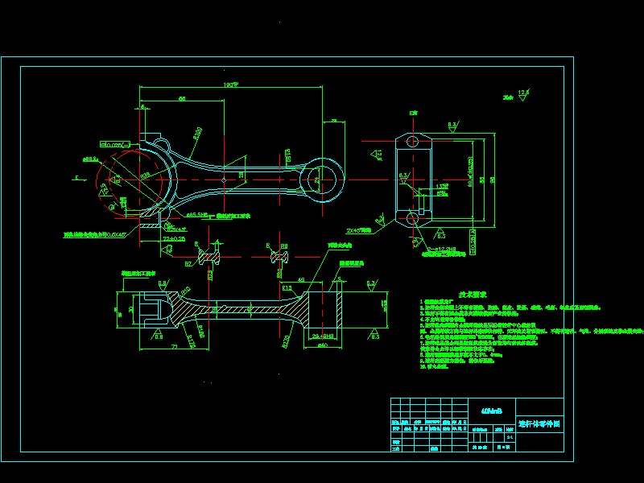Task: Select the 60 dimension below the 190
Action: (x=182, y=98)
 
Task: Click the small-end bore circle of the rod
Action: (x=326, y=179)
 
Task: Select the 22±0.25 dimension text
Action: (x=175, y=239)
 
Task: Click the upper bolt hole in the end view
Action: (x=413, y=142)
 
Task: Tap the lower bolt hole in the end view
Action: (x=413, y=218)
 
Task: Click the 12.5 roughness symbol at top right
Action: (x=523, y=93)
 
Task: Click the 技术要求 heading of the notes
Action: (x=448, y=295)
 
